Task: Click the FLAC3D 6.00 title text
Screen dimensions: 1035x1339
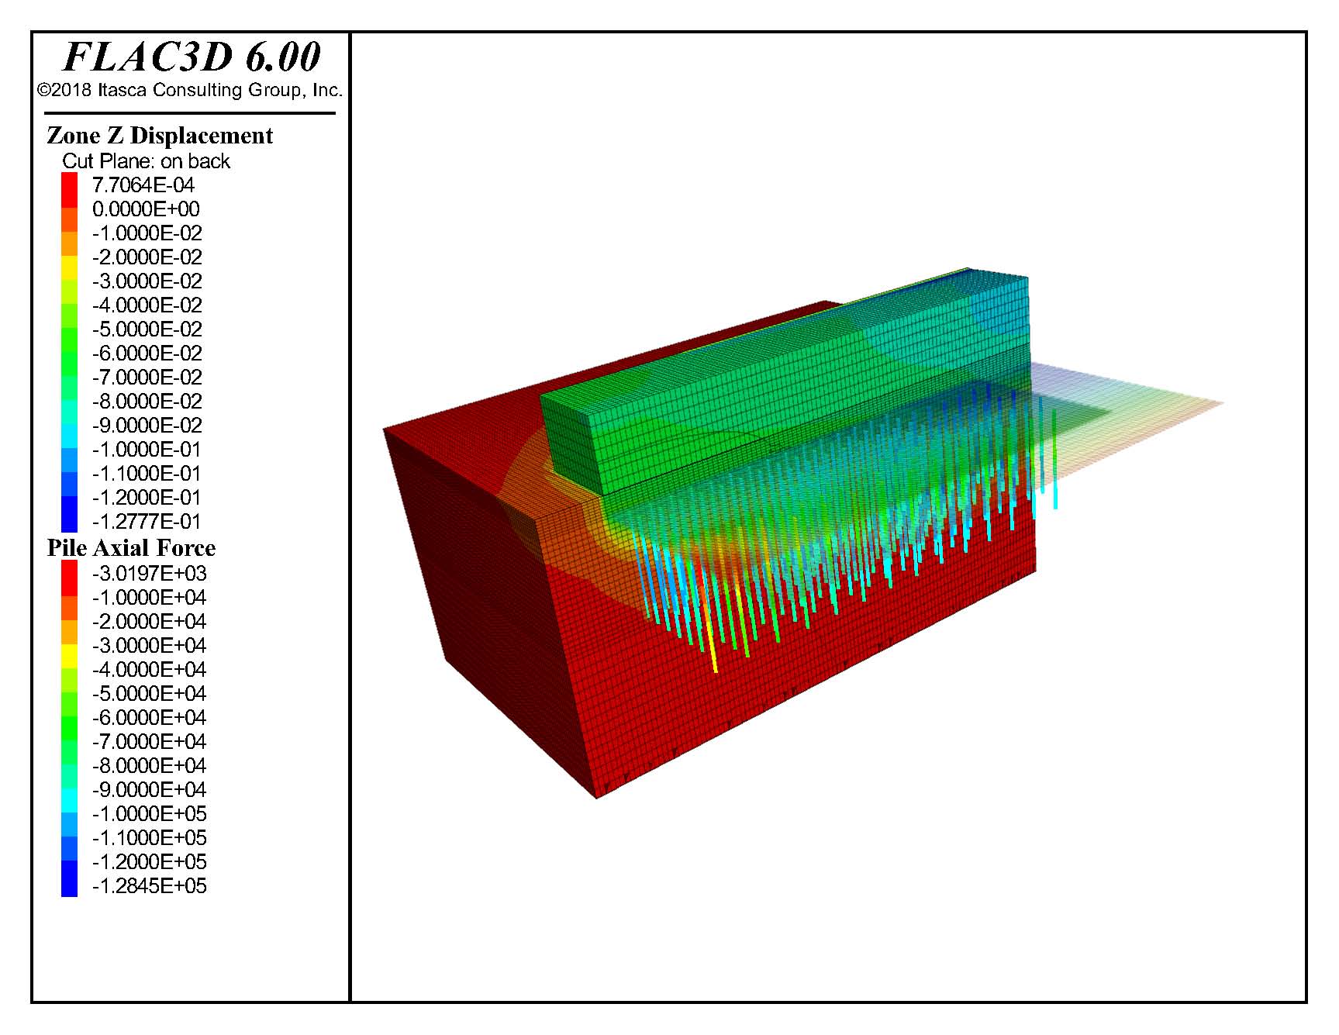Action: [x=191, y=57]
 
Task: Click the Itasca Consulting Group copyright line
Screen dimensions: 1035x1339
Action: [x=190, y=90]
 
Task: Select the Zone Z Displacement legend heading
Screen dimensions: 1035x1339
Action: [x=159, y=136]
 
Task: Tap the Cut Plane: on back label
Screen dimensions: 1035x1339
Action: [x=146, y=161]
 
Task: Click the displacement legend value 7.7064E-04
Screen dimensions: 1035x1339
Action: [x=143, y=185]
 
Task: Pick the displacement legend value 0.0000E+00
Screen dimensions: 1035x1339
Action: [x=146, y=209]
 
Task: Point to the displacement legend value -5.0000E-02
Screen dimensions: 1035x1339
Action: [x=147, y=329]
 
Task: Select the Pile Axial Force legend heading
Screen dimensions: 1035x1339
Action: [x=131, y=548]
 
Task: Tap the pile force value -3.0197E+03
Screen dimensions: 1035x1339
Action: [x=149, y=574]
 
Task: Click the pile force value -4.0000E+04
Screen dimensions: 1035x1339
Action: [x=149, y=670]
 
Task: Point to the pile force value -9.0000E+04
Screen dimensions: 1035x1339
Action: [x=149, y=790]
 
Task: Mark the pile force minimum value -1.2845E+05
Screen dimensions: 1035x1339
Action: [x=149, y=886]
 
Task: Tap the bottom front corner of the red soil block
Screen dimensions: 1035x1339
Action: [x=596, y=797]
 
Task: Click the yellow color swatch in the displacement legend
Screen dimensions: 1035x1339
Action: [x=70, y=268]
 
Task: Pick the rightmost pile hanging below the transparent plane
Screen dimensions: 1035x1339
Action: [x=1055, y=496]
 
